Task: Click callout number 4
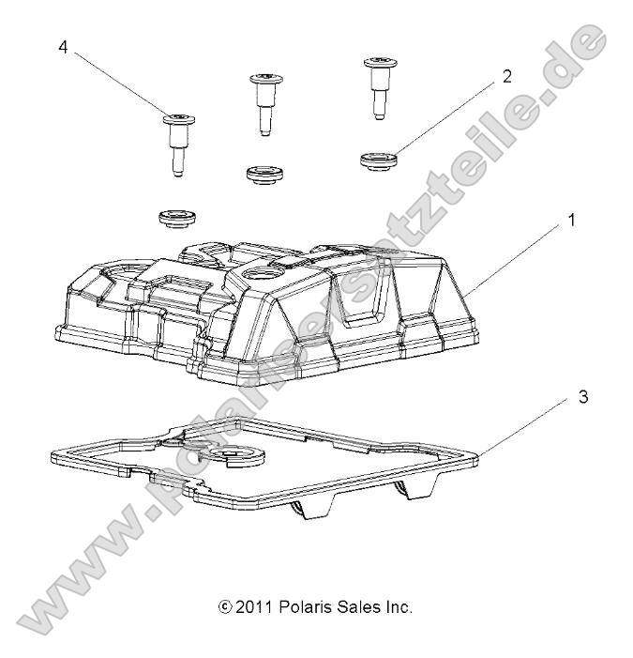63,46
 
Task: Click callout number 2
506,77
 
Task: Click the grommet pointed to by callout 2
377,158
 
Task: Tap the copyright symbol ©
222,607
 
